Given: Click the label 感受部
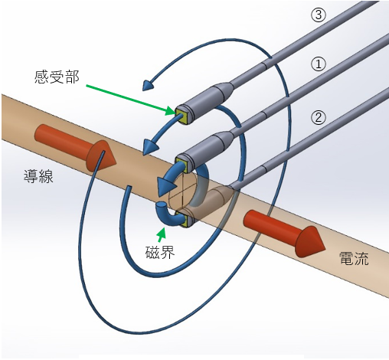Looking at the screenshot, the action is click(57, 77).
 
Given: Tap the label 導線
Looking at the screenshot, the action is click(38, 176).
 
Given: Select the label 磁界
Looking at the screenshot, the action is click(160, 252).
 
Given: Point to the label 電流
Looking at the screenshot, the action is click(354, 258).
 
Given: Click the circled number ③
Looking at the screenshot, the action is click(319, 15).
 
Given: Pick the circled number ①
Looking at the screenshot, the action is click(319, 64).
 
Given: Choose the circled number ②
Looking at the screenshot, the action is click(319, 118).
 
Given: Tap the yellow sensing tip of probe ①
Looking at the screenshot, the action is click(181, 165).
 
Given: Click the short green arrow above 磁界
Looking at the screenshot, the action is click(161, 235).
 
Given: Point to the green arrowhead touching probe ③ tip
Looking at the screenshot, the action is click(170, 111).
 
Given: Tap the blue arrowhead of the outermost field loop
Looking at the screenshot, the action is click(148, 85).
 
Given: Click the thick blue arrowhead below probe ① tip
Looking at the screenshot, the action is click(166, 185).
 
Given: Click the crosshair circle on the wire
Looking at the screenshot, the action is click(182, 190).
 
